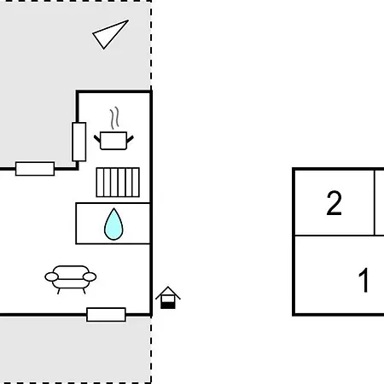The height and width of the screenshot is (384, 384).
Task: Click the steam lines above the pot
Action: (114, 118)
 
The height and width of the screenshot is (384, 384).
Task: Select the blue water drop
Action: (113, 224)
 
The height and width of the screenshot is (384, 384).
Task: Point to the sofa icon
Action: (71, 279)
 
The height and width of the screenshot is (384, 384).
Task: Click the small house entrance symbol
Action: (168, 298)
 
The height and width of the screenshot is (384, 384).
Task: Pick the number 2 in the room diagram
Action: (334, 203)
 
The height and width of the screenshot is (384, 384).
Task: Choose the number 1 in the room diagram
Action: (364, 280)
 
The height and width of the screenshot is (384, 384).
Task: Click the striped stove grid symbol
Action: (118, 183)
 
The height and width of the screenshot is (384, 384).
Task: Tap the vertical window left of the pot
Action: (79, 142)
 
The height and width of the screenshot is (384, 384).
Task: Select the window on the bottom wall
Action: (106, 315)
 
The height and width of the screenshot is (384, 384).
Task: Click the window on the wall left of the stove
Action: (35, 169)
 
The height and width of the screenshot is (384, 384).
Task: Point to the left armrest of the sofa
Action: (51, 276)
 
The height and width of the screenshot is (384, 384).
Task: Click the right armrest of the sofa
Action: (90, 276)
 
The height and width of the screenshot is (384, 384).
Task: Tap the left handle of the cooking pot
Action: (97, 139)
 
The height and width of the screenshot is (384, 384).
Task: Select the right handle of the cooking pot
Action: (130, 139)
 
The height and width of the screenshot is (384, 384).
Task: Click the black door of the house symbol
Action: (167, 305)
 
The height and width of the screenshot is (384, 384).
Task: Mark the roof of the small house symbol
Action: (168, 293)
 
